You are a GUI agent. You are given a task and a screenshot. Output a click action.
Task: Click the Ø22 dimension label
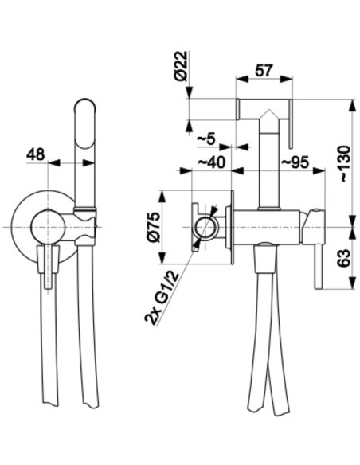[x=182, y=66]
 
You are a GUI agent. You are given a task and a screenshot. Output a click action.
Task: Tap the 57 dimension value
[x=264, y=71]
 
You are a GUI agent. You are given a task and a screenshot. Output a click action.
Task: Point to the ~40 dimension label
[x=211, y=162]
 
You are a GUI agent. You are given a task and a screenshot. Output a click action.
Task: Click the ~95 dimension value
[x=295, y=162]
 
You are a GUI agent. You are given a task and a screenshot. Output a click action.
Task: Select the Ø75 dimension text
[x=154, y=228]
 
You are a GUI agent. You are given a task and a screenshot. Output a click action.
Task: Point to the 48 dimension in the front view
[x=36, y=154]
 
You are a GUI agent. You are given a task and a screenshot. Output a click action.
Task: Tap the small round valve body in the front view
[x=48, y=228]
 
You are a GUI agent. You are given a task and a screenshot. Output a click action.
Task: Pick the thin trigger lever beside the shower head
[x=291, y=123]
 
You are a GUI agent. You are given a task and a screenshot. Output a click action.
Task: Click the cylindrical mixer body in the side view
[x=267, y=228]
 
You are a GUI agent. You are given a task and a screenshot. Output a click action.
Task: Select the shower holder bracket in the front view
[x=85, y=227]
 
